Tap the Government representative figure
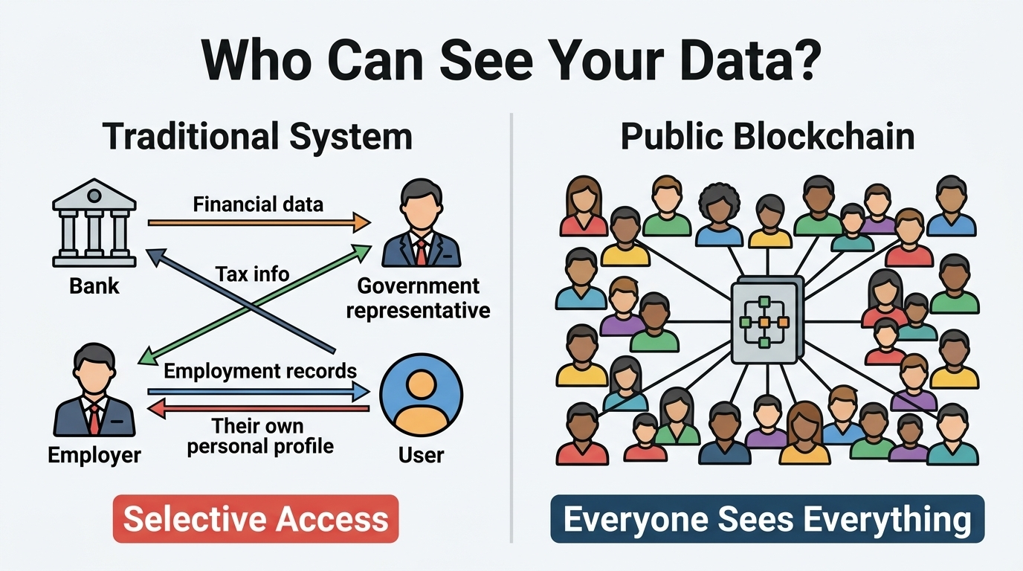(421, 225)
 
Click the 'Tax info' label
(252, 274)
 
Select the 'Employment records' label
(259, 370)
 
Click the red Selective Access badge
(256, 519)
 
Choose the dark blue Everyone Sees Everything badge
(767, 519)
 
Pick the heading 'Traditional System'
(256, 138)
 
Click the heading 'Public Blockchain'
(767, 138)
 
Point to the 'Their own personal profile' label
(259, 436)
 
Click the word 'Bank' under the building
(94, 285)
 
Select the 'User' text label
(421, 454)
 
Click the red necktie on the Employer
(94, 420)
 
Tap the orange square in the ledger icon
(763, 322)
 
